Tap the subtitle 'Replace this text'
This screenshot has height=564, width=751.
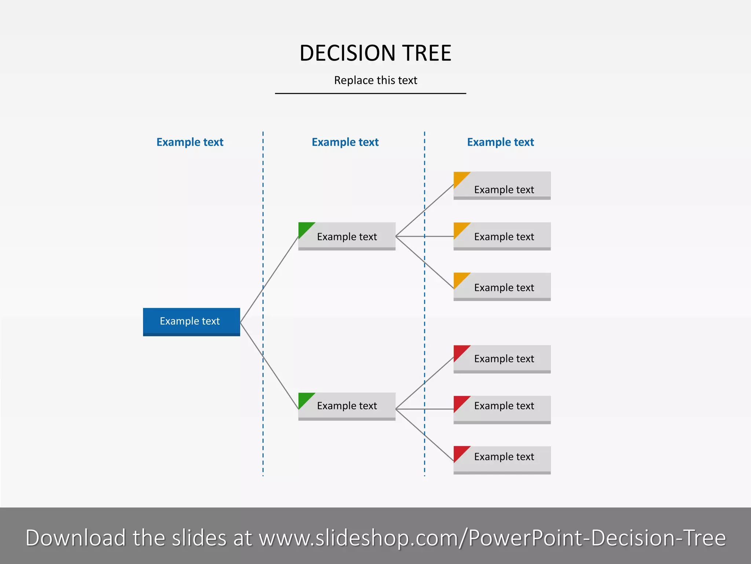pos(375,80)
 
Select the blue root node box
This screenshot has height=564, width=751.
pos(191,322)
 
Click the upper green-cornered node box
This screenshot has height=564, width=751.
pos(347,236)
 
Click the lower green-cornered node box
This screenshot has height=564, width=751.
pos(347,406)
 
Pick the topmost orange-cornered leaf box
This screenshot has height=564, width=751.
pos(502,186)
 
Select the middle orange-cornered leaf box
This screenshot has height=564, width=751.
pos(502,236)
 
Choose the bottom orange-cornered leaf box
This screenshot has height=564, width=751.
pos(502,287)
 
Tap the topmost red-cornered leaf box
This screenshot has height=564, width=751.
pos(502,359)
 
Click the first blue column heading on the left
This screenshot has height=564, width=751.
pos(190,142)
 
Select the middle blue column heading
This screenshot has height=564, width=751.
pos(345,142)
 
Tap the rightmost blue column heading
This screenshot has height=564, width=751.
pos(500,142)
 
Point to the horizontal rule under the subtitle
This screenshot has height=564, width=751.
pos(370,94)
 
